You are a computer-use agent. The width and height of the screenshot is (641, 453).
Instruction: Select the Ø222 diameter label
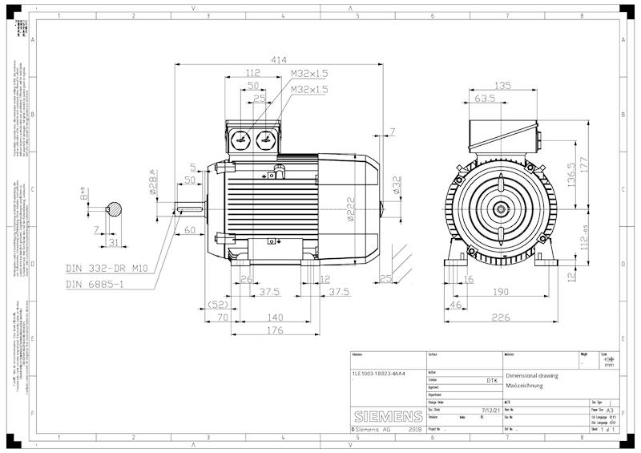click(x=351, y=208)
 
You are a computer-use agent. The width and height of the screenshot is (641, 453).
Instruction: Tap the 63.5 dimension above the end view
click(x=485, y=99)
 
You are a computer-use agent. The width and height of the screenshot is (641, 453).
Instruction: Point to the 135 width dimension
click(x=502, y=85)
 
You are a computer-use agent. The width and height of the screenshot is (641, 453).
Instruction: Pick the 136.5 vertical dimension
click(x=570, y=176)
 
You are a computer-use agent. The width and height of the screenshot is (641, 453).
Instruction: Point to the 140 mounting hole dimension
click(x=275, y=318)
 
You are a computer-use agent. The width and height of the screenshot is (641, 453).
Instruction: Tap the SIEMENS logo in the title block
click(x=388, y=417)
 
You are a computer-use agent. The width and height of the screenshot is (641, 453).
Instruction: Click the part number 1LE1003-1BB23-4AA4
click(x=379, y=374)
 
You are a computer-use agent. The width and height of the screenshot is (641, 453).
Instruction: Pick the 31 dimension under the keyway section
click(x=113, y=243)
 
